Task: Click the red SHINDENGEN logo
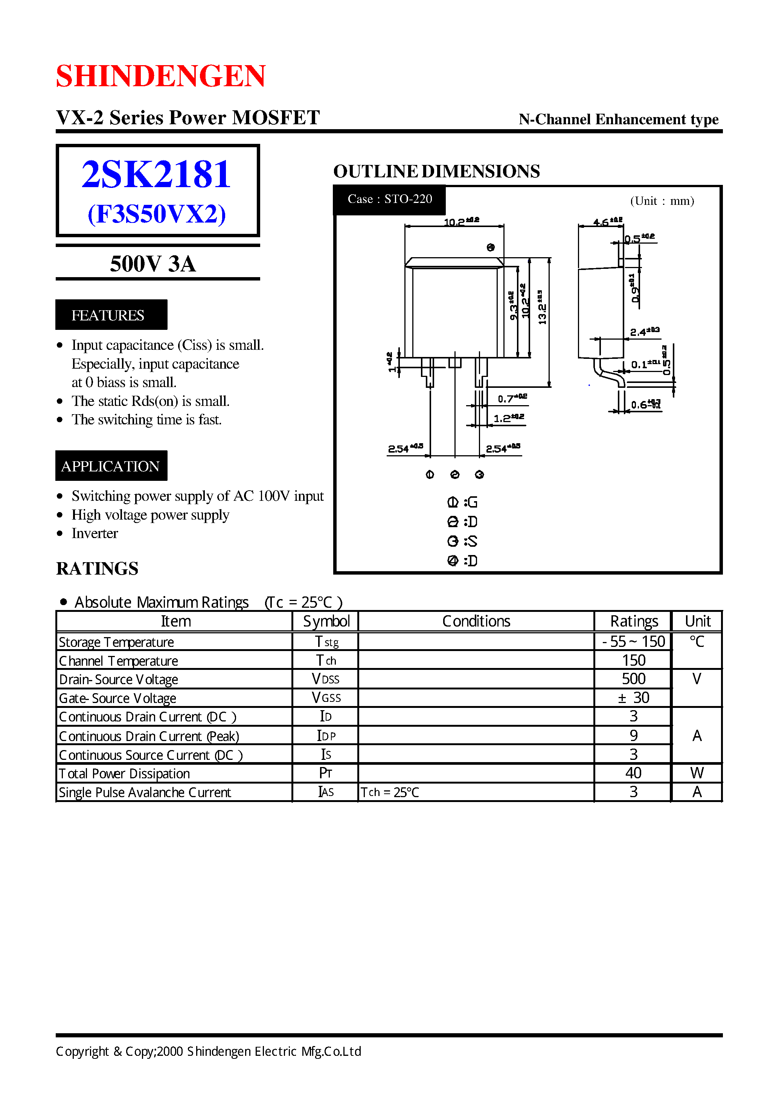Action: point(161,76)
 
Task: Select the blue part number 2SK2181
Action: point(156,174)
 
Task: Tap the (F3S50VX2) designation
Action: point(156,214)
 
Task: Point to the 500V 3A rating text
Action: point(153,264)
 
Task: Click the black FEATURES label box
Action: point(111,315)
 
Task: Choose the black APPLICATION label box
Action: point(111,466)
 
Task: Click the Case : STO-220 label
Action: point(389,199)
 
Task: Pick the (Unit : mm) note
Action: point(662,201)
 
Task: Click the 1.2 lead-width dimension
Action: point(508,418)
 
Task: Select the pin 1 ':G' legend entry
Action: point(462,502)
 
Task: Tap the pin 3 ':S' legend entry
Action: point(462,541)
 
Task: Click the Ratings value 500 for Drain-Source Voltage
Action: point(633,679)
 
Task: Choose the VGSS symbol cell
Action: point(326,698)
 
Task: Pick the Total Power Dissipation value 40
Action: point(633,773)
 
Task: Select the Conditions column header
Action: point(476,621)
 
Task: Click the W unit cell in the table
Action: point(697,773)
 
